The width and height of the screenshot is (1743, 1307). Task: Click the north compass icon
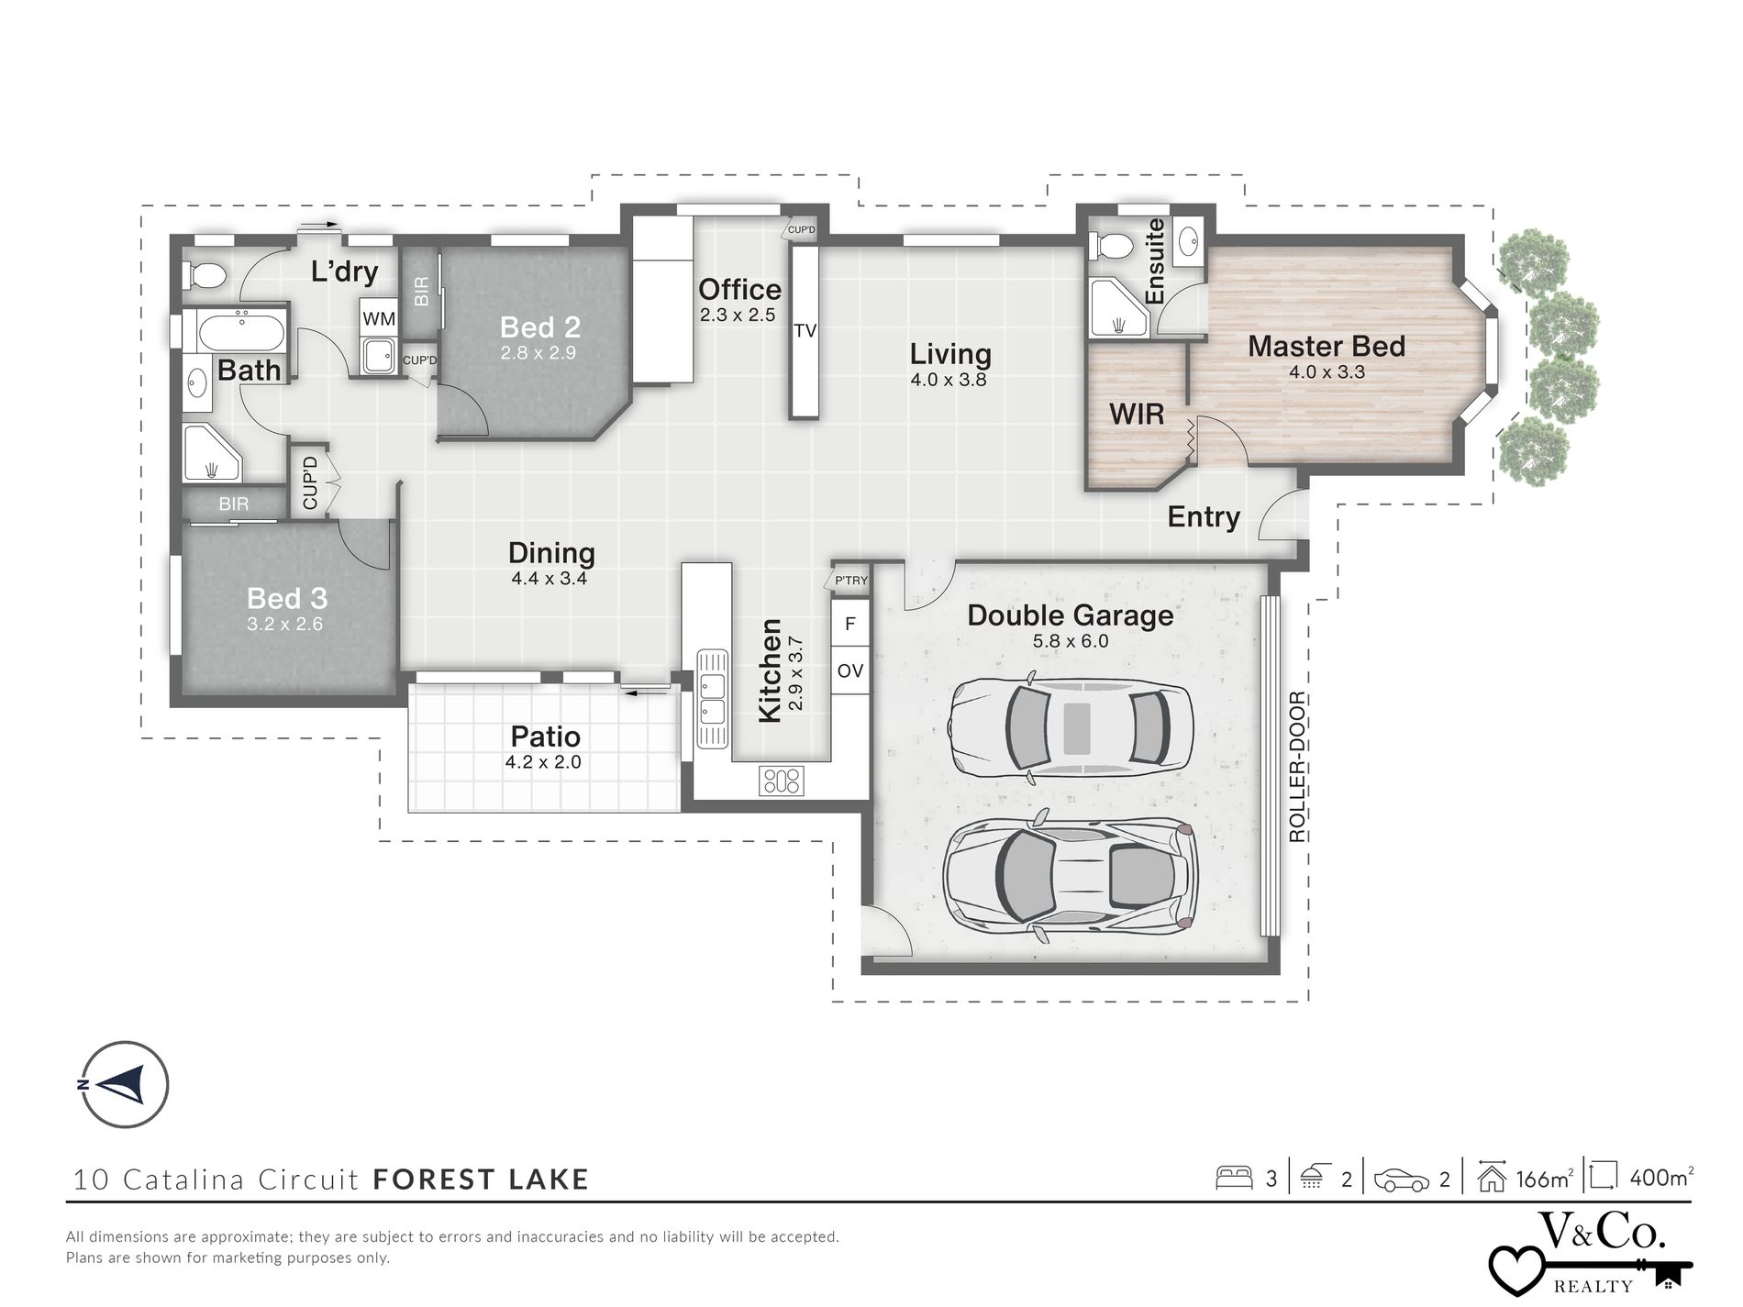click(125, 1084)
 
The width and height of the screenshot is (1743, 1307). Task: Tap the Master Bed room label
click(1326, 347)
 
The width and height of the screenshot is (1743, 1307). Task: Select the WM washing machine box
click(379, 319)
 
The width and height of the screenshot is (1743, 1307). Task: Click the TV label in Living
click(805, 331)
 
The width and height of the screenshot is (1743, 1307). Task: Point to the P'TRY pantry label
click(850, 581)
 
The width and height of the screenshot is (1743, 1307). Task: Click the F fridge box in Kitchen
click(850, 624)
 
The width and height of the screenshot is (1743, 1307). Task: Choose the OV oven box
click(850, 670)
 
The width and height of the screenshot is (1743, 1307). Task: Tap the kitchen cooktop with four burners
click(782, 781)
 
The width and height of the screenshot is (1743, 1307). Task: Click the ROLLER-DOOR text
click(1296, 768)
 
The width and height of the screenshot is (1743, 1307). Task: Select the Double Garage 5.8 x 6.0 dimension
click(1071, 641)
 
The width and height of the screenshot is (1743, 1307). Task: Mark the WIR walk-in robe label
click(1137, 414)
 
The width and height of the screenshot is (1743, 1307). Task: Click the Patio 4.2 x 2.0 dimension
click(543, 762)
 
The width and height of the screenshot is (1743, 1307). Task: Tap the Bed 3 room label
click(286, 599)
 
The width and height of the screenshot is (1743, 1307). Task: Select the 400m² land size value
click(1661, 1178)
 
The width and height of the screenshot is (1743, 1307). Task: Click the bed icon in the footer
click(1235, 1178)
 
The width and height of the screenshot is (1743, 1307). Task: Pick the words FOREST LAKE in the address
click(481, 1180)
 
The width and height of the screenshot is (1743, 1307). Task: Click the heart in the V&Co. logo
click(1516, 1269)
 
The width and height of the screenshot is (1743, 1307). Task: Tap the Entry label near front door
click(1203, 517)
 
